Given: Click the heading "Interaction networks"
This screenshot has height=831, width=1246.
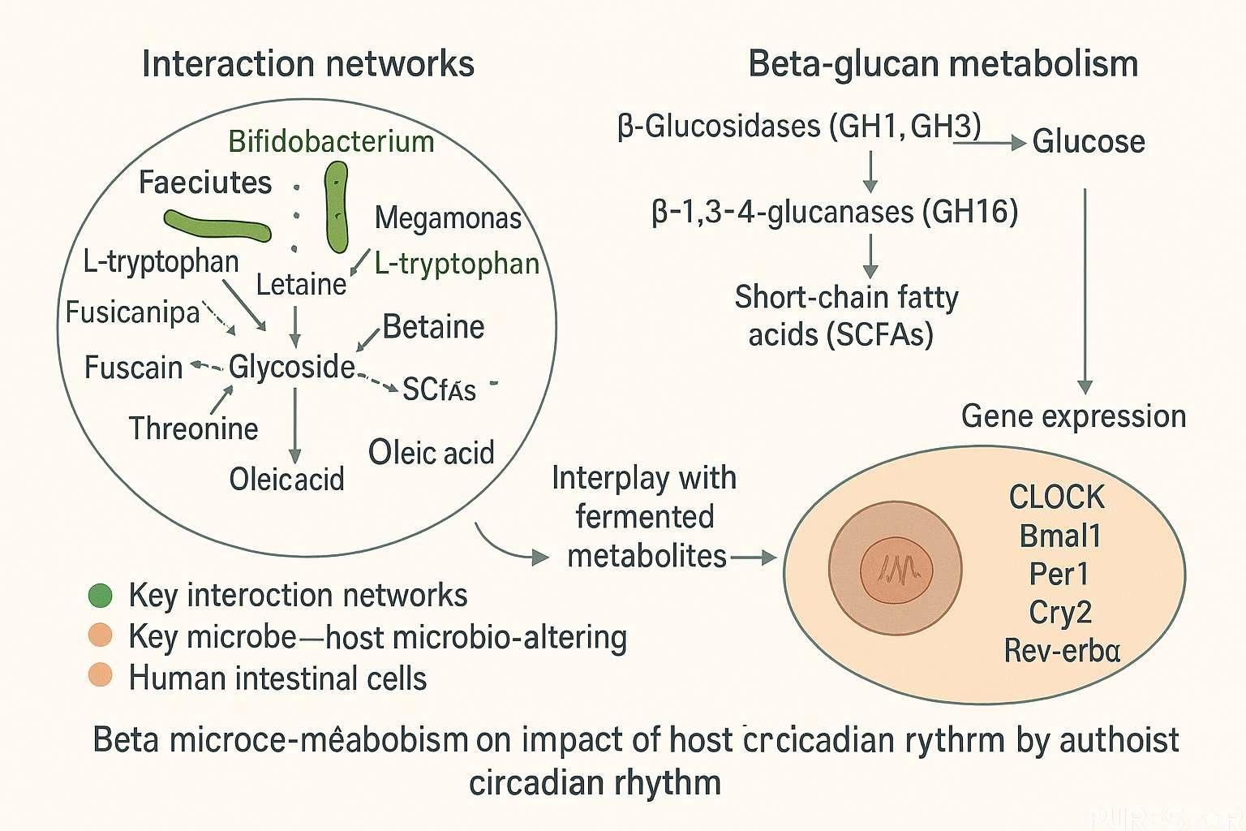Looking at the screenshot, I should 307,64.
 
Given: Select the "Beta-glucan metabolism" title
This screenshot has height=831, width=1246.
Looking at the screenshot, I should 943,64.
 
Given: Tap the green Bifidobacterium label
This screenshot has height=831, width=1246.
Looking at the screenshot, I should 331,141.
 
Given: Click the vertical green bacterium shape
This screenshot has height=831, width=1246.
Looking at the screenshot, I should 336,207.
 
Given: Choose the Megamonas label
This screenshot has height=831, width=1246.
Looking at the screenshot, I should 448,217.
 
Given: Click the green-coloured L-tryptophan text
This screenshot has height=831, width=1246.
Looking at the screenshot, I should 457,264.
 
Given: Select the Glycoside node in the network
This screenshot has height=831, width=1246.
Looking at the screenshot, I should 291,367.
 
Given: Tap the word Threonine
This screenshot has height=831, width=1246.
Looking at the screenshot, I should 193,428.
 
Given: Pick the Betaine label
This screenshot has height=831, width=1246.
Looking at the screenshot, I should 433,327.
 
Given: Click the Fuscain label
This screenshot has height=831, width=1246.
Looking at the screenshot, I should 133,368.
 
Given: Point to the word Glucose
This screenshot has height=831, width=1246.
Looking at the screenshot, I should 1088,142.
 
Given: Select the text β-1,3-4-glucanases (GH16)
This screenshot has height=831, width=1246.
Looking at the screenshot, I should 835,213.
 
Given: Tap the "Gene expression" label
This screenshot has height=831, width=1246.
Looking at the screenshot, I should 1073,416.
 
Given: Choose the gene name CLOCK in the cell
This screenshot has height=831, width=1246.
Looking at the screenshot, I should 1056,497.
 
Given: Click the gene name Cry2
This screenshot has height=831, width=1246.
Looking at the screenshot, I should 1059,612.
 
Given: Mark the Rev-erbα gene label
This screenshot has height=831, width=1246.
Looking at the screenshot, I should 1062,651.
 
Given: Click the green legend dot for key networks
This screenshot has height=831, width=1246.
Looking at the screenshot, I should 100,596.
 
